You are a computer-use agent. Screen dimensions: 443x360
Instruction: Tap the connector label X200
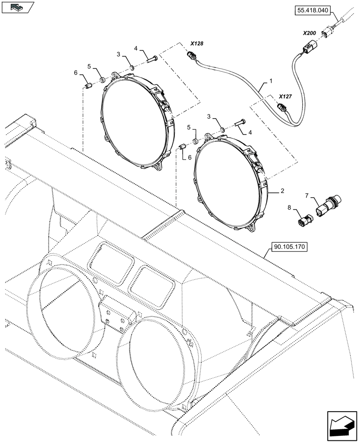(309, 33)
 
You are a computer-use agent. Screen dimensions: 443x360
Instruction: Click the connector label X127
(286, 96)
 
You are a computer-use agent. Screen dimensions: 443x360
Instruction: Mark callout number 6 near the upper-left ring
(76, 73)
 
